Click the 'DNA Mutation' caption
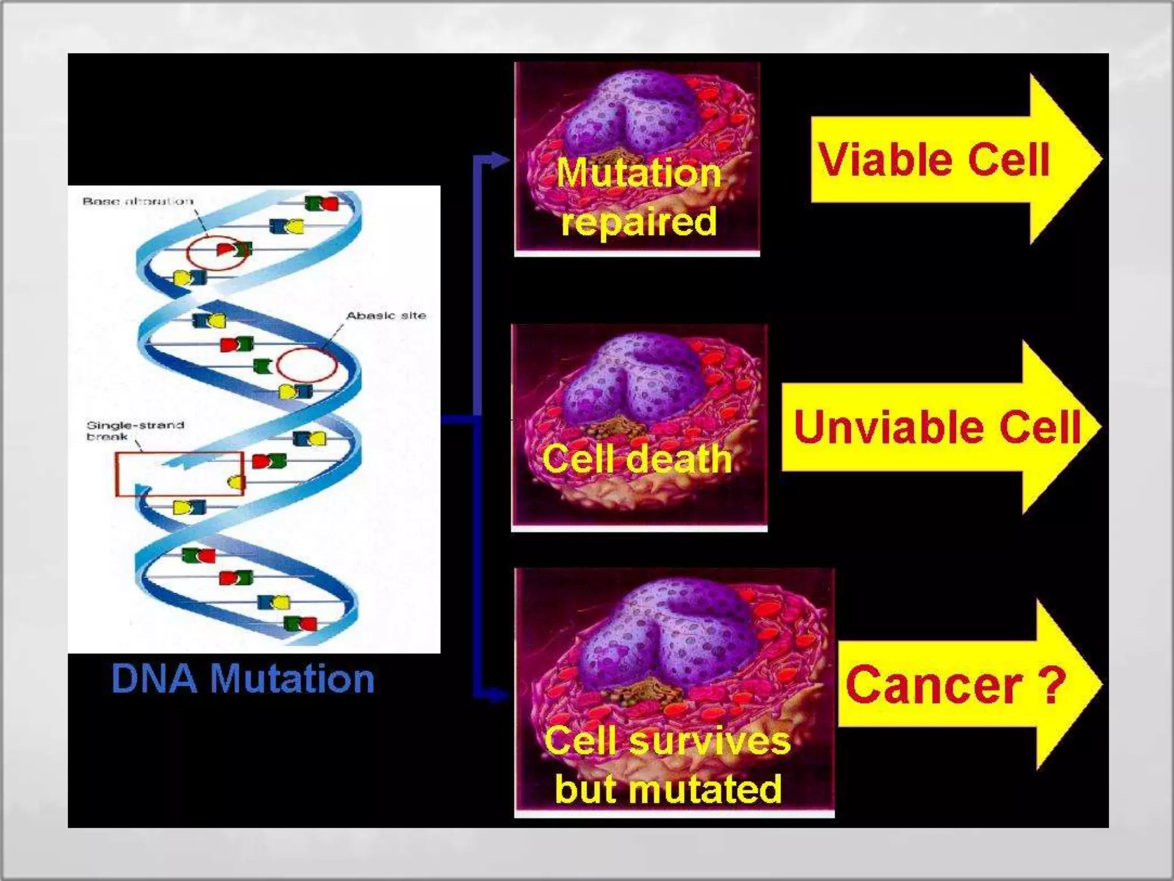[x=243, y=679]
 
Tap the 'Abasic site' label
[x=386, y=315]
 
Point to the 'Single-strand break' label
[x=135, y=430]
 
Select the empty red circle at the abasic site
[x=307, y=365]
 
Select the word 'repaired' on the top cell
[x=639, y=221]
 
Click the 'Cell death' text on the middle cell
[x=637, y=459]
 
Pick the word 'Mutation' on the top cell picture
[x=639, y=172]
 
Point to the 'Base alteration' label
[x=138, y=201]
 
